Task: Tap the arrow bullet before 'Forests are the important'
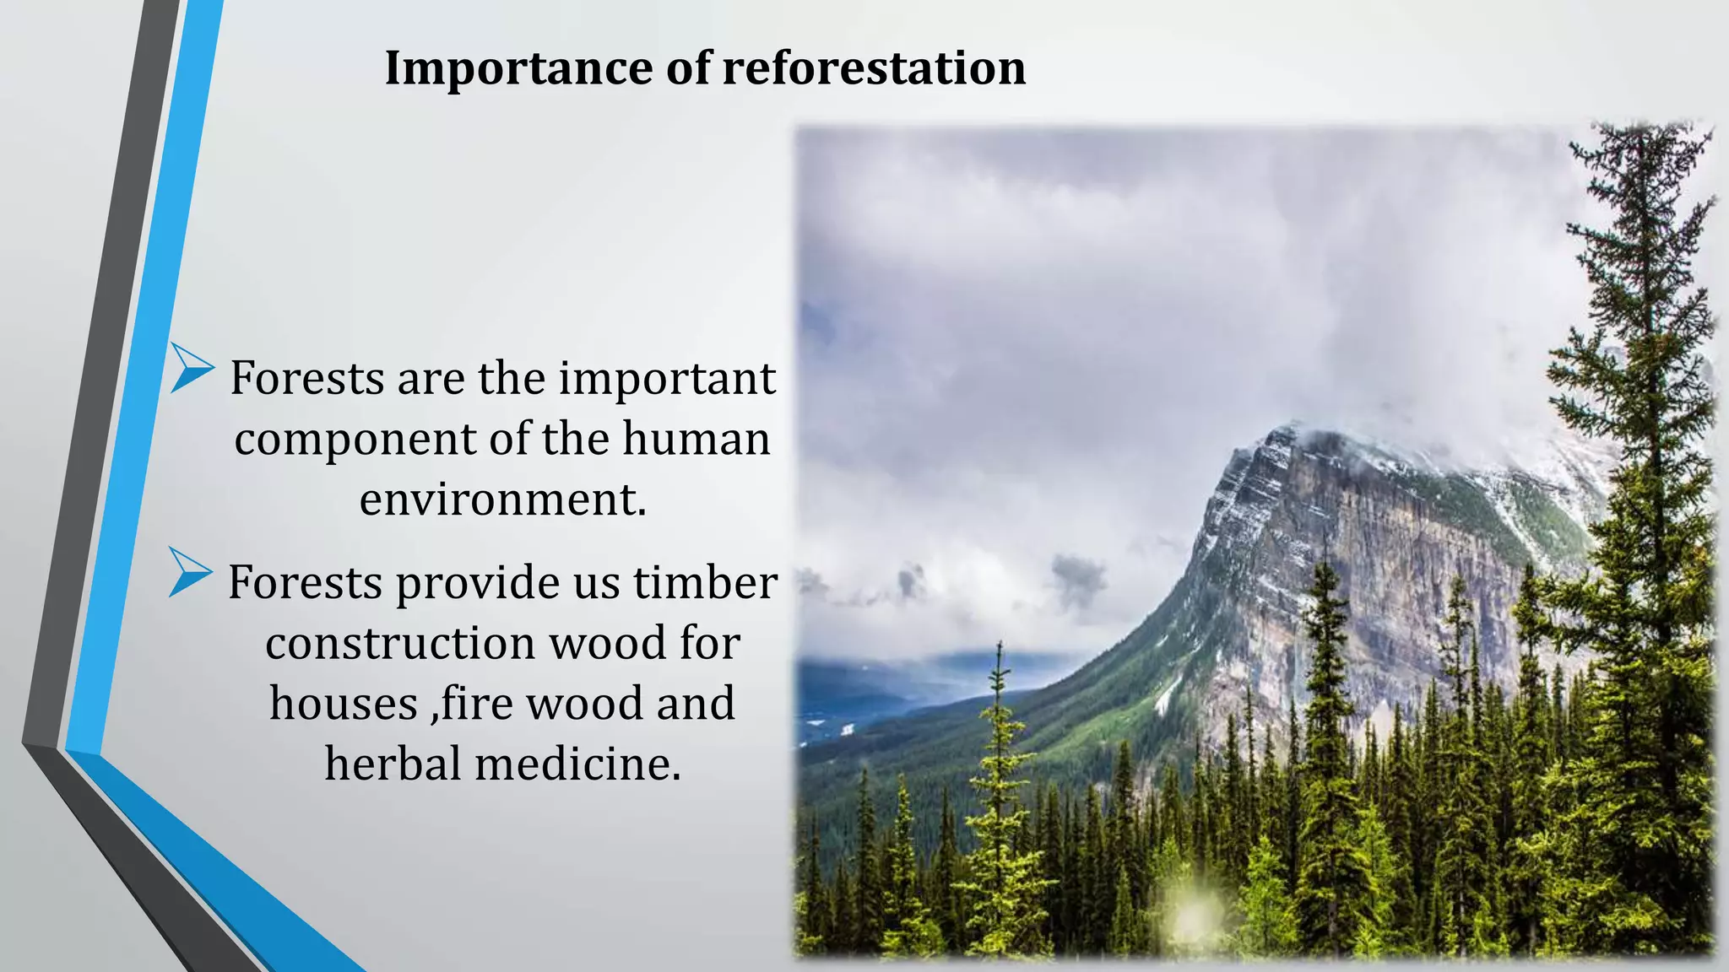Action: [x=191, y=369]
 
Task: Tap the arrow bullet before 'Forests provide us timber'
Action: [x=189, y=573]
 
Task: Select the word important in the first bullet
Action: [x=666, y=378]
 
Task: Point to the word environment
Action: [x=501, y=499]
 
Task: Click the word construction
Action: [x=400, y=644]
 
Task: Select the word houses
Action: [x=344, y=704]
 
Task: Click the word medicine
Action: [x=577, y=764]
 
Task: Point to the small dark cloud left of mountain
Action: [x=1076, y=578]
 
